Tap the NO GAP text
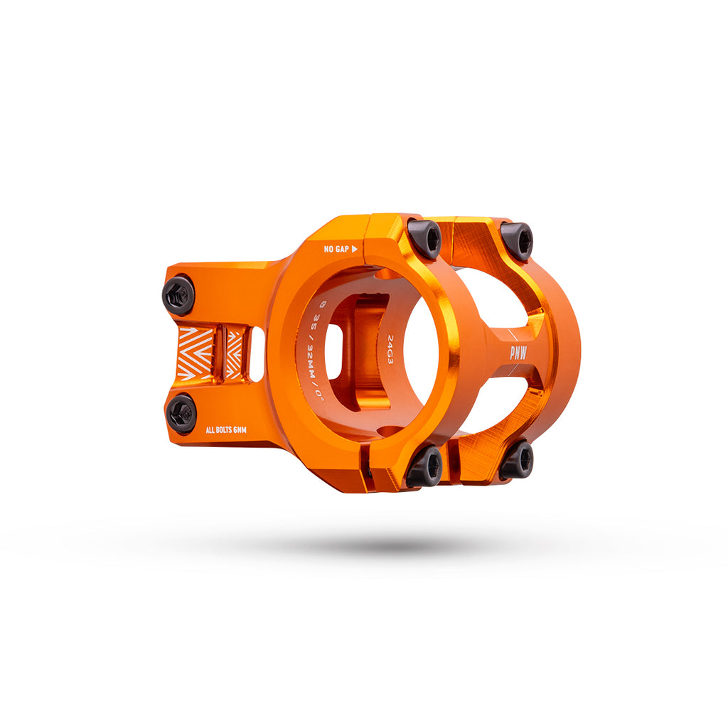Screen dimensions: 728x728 [336, 249]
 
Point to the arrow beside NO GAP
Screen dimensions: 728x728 [355, 249]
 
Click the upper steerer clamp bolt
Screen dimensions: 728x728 [178, 295]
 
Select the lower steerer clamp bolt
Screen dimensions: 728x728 [182, 414]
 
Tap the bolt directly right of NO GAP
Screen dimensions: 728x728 [425, 239]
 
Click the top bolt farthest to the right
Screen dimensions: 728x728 [517, 241]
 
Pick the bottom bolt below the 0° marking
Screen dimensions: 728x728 [424, 466]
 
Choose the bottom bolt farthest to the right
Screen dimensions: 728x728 [516, 461]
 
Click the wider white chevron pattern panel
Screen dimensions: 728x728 [196, 353]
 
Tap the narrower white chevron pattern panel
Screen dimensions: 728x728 [233, 353]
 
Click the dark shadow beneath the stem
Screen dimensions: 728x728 [370, 546]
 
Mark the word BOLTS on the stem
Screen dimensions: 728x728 [225, 429]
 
